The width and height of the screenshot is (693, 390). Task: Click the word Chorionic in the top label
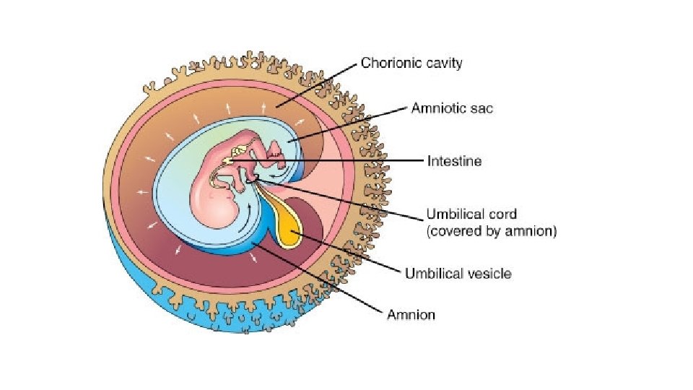coord(388,63)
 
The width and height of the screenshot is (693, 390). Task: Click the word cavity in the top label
coord(441,63)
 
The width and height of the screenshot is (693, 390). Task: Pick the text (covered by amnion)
coord(492,232)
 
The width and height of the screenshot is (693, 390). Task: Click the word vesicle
coord(490,273)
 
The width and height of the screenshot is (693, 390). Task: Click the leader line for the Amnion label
coord(318,279)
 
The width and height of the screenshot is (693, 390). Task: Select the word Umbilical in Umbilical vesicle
coord(431,273)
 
